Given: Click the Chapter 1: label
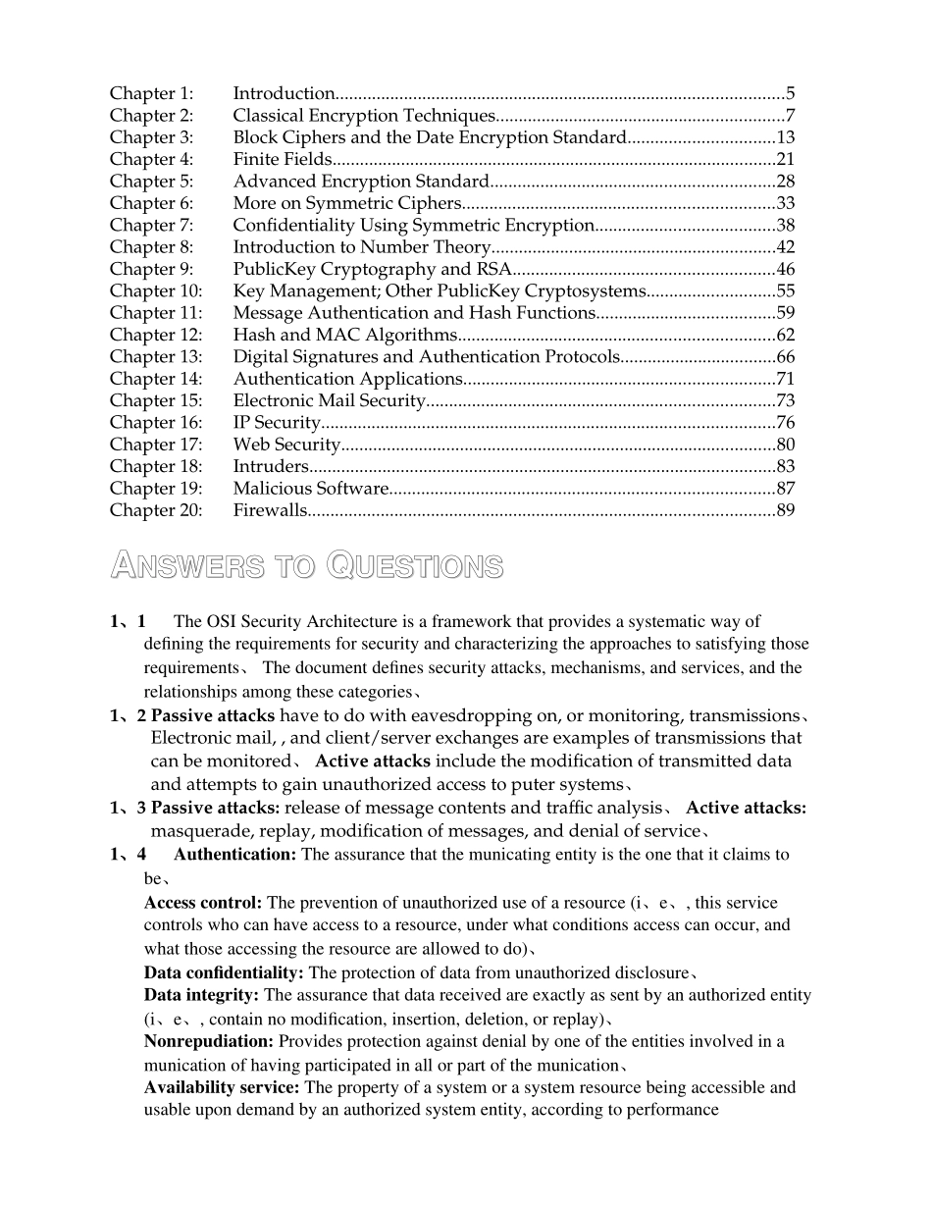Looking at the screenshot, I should pyautogui.click(x=151, y=94).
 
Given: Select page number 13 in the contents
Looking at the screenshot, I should pyautogui.click(x=785, y=137).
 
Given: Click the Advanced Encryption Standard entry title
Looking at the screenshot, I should pyautogui.click(x=360, y=182).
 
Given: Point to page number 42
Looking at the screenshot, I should pyautogui.click(x=785, y=247).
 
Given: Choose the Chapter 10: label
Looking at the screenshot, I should pyautogui.click(x=156, y=291).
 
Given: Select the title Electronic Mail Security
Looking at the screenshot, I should pyautogui.click(x=329, y=400).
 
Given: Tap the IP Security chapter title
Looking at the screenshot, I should pyautogui.click(x=277, y=423).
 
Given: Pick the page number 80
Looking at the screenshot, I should pyautogui.click(x=785, y=445).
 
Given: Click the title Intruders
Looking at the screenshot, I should pyautogui.click(x=271, y=466).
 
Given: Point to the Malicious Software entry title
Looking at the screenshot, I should pyautogui.click(x=310, y=489).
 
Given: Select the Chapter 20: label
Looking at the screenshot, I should pyautogui.click(x=156, y=510).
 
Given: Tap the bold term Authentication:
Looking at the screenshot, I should pyautogui.click(x=234, y=855).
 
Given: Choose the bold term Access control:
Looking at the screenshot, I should pyautogui.click(x=203, y=903).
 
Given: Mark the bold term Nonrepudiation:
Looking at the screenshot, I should pyautogui.click(x=209, y=1042).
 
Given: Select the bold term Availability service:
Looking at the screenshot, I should pyautogui.click(x=223, y=1088).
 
